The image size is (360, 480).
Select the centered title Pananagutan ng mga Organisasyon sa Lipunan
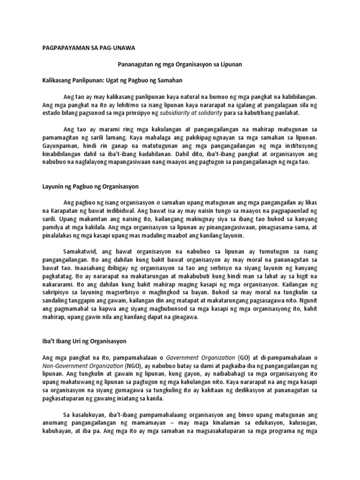(180, 64)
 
